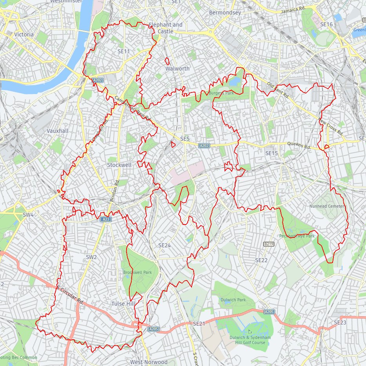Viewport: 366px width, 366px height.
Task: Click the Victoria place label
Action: pos(24,34)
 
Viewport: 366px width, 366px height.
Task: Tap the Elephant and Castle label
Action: pos(165,28)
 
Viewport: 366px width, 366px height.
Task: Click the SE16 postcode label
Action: pos(326,24)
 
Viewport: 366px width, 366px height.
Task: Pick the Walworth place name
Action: pos(177,69)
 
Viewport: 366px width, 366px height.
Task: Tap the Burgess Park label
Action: pos(221,93)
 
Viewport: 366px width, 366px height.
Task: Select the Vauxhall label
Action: pos(57,130)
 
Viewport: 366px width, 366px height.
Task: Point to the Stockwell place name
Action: pos(119,165)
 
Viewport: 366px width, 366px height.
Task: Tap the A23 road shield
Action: pos(105,219)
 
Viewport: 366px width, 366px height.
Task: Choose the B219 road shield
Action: pos(268,244)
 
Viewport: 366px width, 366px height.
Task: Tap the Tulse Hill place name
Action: pos(123,304)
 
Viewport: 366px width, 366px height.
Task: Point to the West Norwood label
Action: pos(149,362)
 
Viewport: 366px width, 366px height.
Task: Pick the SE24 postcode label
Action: pos(165,245)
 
